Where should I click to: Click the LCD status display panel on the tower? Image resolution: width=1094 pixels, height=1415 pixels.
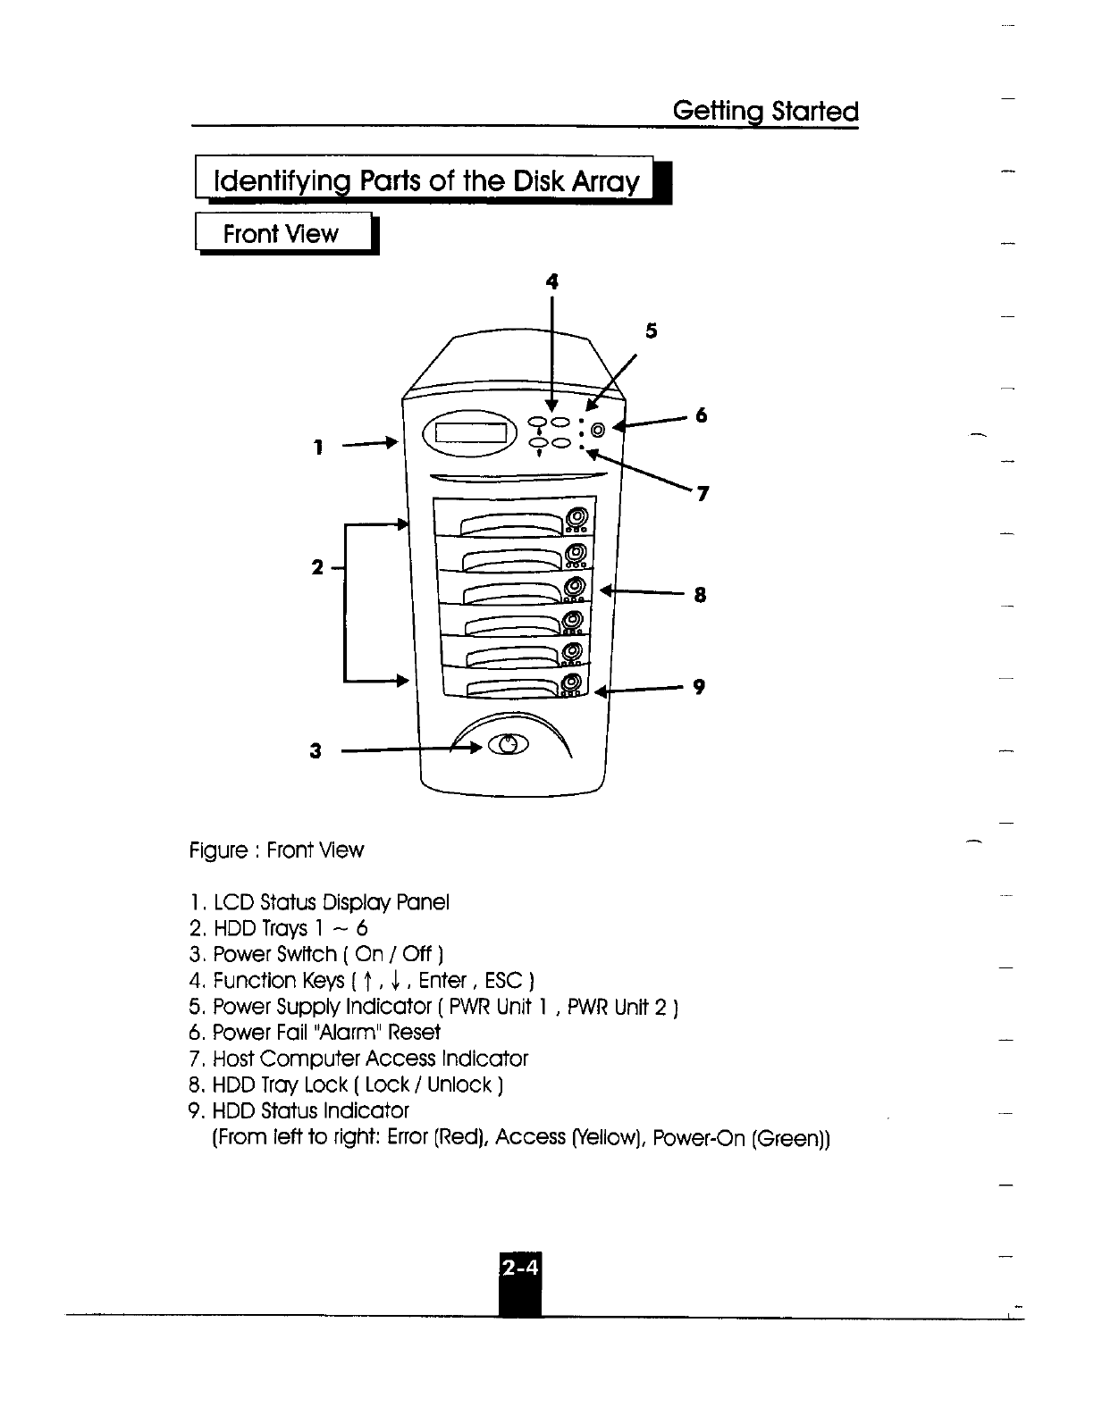(470, 436)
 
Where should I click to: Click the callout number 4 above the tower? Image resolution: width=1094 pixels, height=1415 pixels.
(552, 281)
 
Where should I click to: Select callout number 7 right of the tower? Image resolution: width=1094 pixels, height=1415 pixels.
(703, 493)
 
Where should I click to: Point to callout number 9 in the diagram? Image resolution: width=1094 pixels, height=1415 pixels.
(699, 686)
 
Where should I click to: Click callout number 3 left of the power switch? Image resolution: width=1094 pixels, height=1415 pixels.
(315, 751)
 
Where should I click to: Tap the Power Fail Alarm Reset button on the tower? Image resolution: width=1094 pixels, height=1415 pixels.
(598, 431)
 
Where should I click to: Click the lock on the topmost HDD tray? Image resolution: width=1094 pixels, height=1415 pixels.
(577, 516)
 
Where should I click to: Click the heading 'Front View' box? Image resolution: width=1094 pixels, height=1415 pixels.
(282, 234)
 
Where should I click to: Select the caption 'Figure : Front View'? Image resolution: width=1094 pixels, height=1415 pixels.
(276, 850)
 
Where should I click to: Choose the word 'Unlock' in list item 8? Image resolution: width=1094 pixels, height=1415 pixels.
(459, 1085)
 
